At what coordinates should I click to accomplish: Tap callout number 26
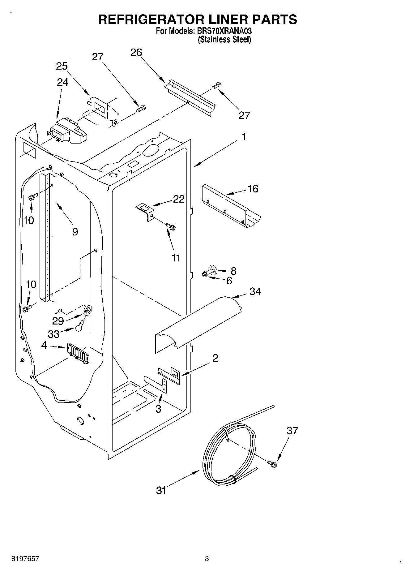(x=136, y=53)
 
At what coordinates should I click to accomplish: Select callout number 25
(x=62, y=66)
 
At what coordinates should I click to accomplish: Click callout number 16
(x=253, y=189)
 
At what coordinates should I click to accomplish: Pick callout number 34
(x=255, y=291)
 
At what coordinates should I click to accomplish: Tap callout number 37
(x=292, y=431)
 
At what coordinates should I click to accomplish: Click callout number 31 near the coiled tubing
(x=161, y=490)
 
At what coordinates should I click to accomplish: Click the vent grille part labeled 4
(x=78, y=353)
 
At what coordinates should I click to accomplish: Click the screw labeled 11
(x=170, y=226)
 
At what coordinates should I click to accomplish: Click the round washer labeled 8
(x=212, y=269)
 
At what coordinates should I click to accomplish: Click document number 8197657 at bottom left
(x=21, y=559)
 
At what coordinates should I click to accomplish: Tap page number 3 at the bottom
(x=207, y=559)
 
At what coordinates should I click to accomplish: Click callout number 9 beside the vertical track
(x=75, y=232)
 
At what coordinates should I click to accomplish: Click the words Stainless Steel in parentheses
(x=224, y=40)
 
